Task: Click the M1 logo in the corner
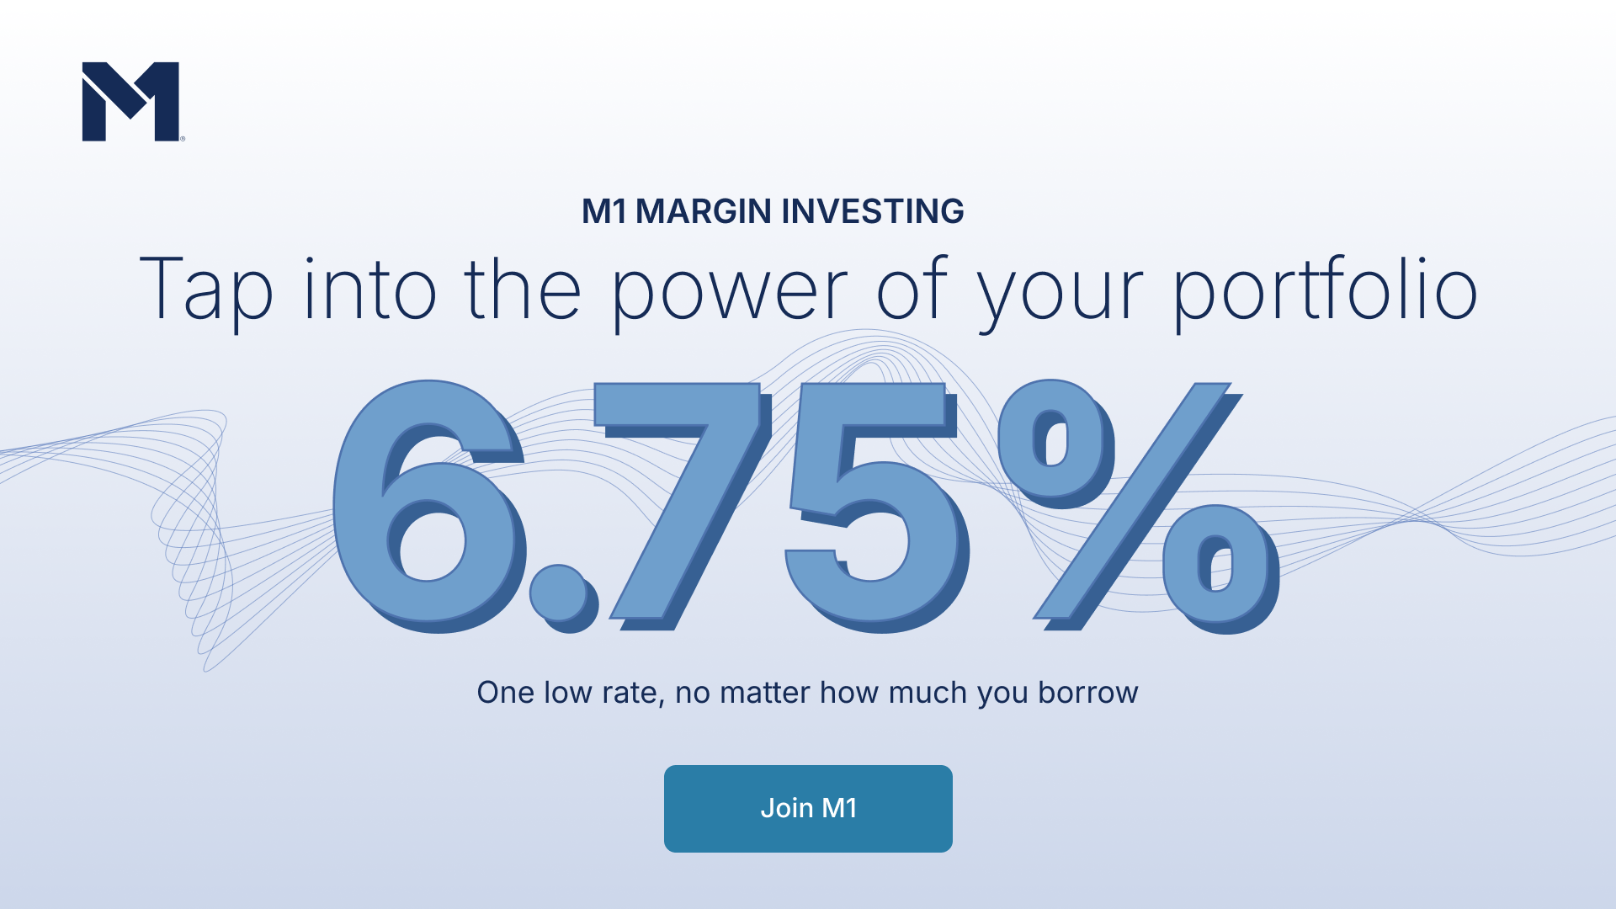pos(131,101)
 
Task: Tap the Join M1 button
pos(808,808)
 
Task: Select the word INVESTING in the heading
pos(873,211)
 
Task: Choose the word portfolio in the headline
pos(1326,290)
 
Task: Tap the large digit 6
pos(429,505)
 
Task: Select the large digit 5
pos(875,505)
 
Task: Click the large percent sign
pos(1136,505)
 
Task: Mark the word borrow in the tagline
pos(1087,693)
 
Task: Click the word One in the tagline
pos(506,693)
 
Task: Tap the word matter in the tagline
pos(765,694)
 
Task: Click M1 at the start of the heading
pos(604,211)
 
